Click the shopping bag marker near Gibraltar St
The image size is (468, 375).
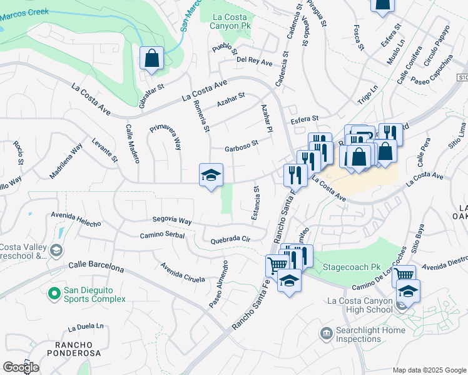coord(151,59)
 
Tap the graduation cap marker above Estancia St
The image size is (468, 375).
coord(211,175)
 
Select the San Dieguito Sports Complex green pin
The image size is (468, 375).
coord(54,292)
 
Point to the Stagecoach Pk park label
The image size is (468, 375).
coord(352,267)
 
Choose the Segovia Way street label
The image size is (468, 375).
coord(172,220)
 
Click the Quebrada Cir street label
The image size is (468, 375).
coord(230,239)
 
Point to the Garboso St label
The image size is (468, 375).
coord(242,147)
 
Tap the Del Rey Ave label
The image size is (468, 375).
coord(254,62)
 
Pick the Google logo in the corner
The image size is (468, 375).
coord(21,367)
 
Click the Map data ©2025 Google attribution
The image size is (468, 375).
coord(429,370)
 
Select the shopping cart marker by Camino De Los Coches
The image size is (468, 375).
coord(404,274)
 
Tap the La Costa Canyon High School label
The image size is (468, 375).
coord(360,305)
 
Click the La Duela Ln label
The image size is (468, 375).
coord(86,327)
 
